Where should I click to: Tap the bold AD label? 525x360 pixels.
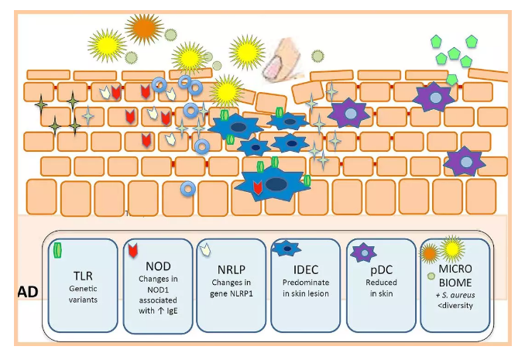27,293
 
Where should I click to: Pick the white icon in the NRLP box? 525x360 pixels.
205,250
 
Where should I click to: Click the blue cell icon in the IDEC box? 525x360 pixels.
287,249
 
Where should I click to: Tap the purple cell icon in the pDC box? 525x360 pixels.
362,252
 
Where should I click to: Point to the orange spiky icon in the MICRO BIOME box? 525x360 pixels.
429,252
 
